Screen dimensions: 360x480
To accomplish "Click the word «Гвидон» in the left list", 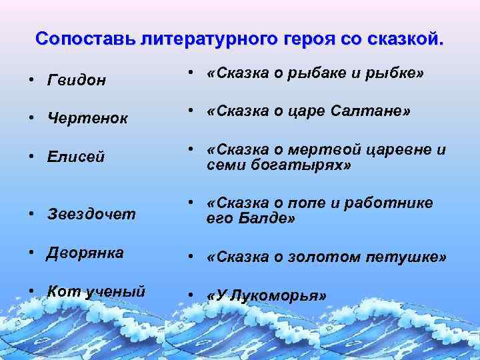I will point(76,81).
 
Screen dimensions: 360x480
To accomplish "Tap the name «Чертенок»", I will point(83,119).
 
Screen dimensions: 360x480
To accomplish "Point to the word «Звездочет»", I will point(91,214).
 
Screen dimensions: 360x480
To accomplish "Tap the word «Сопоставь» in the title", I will point(85,38).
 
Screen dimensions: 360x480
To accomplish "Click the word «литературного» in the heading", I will point(205,38).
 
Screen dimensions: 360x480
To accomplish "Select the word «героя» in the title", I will point(312,38).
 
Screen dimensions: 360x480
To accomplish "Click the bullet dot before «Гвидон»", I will point(32,81).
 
